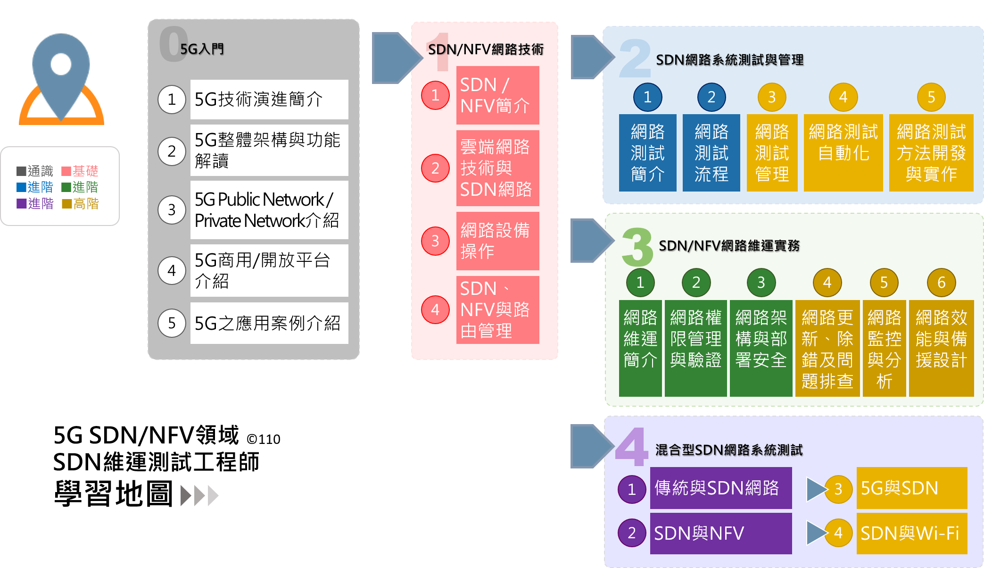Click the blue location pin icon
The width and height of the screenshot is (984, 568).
[61, 71]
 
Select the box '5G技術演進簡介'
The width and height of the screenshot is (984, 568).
[269, 100]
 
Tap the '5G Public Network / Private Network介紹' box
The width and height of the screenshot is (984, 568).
[269, 210]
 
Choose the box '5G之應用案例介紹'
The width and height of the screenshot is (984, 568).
[269, 323]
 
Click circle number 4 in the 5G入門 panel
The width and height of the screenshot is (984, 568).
[172, 271]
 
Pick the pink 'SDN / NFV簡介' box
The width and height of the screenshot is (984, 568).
[497, 95]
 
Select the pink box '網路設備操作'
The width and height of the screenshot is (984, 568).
[497, 241]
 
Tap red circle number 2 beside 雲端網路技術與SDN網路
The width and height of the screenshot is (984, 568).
[435, 168]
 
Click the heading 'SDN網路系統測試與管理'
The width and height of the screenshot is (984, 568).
[729, 60]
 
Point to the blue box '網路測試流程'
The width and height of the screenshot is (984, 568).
[711, 152]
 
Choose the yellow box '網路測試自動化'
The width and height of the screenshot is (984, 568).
[843, 152]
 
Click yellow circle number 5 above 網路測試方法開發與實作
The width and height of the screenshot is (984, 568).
[931, 97]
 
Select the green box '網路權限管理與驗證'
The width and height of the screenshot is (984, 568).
[695, 348]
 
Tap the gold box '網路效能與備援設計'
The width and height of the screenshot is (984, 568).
[941, 348]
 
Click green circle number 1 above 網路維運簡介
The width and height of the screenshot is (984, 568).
[640, 283]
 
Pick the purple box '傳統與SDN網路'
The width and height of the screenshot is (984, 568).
[720, 488]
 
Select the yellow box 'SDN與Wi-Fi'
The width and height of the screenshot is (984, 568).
[911, 533]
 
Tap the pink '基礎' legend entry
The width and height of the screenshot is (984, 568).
[80, 171]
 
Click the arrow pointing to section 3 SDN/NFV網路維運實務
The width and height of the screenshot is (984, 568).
[591, 241]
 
